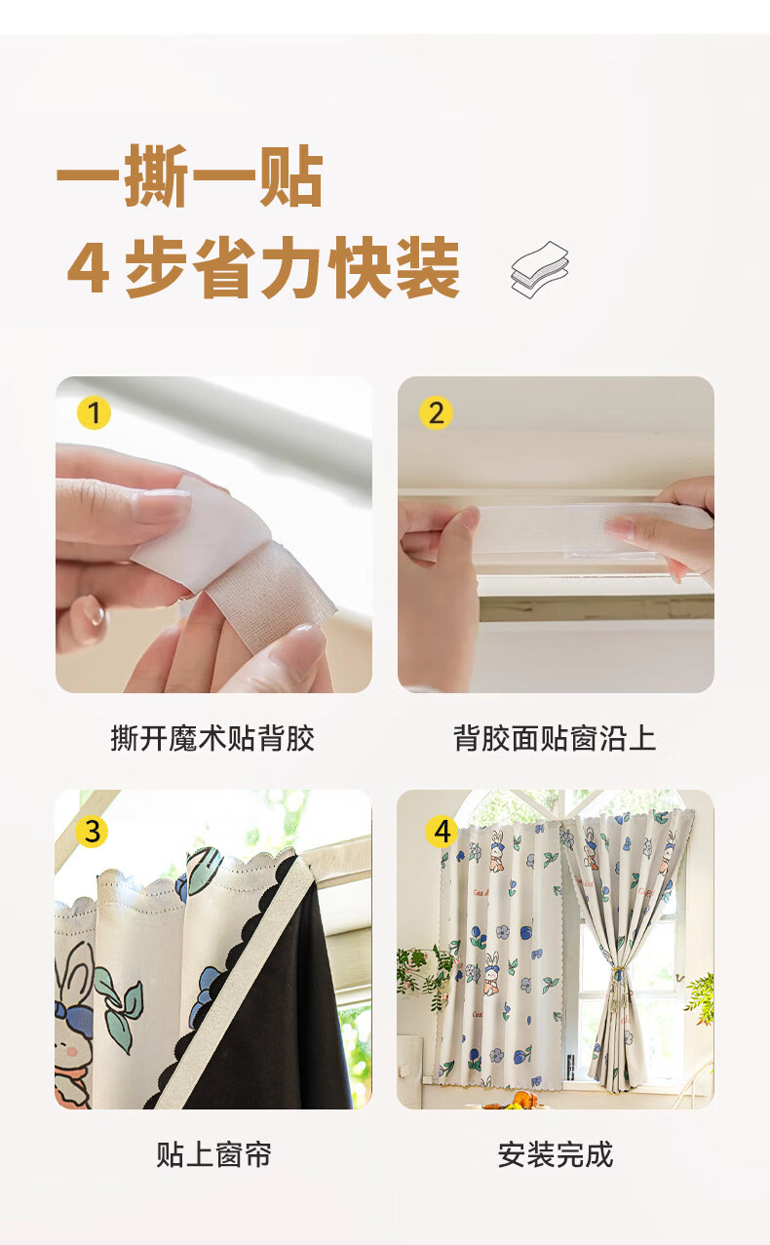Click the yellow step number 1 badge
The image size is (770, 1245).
coord(94,413)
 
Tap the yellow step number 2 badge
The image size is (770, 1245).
coord(436,413)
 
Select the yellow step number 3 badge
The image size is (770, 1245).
coord(93,832)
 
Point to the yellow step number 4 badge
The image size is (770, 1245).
coord(443,832)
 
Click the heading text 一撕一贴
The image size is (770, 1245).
coord(190,175)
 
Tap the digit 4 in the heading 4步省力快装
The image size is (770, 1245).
coord(87,268)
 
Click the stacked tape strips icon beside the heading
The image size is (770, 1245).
coord(539,269)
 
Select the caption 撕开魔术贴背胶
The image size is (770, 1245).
coord(212,739)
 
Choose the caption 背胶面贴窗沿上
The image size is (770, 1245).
coord(555,739)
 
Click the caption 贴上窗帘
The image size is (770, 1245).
coord(213,1155)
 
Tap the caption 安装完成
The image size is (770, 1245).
coord(556,1155)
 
